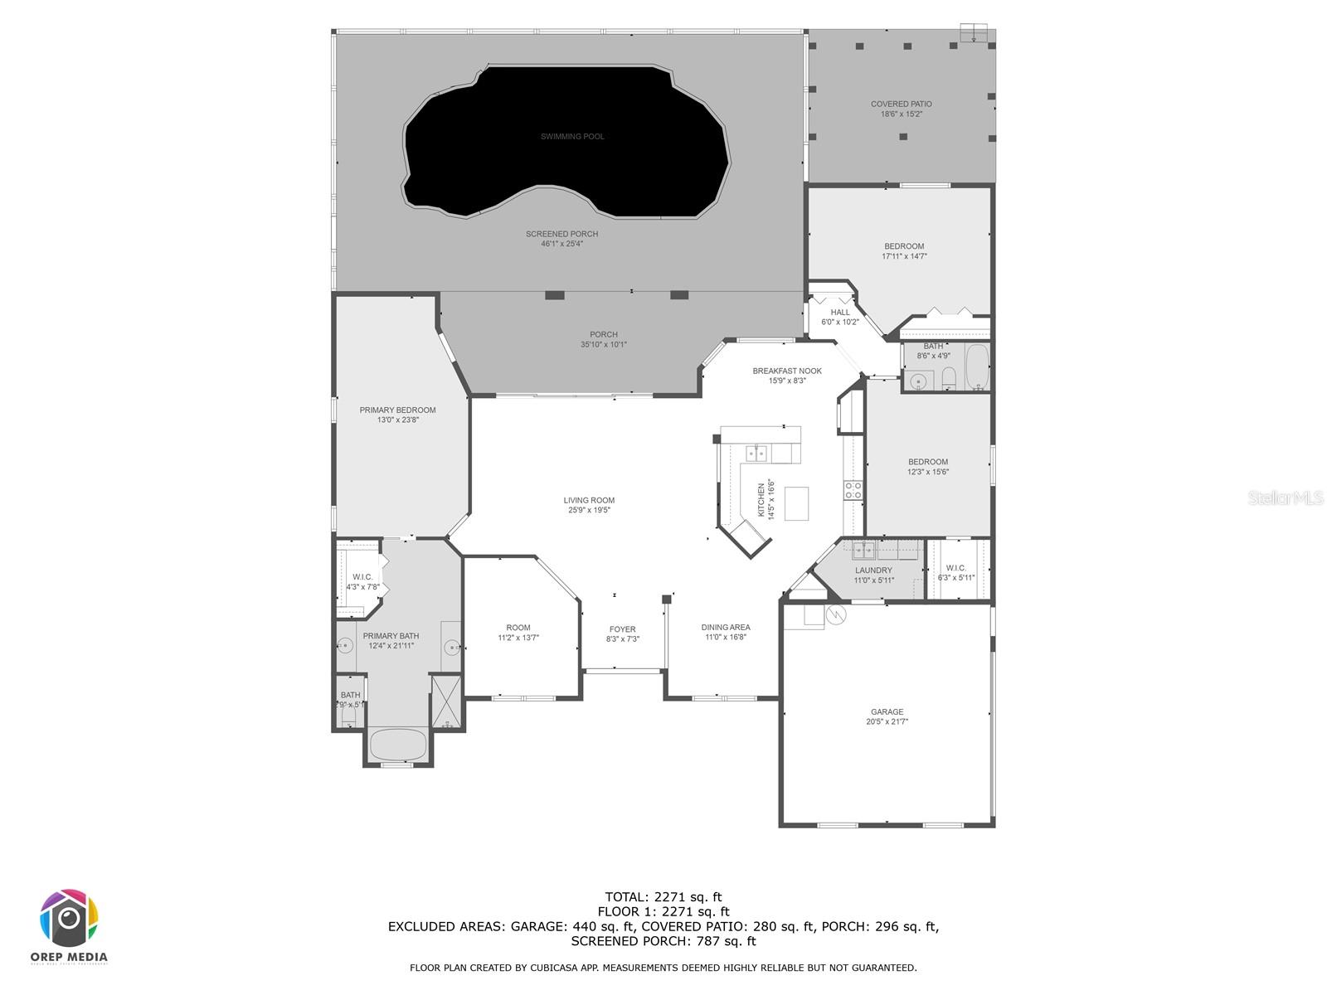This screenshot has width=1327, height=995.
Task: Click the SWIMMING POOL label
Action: [x=572, y=137]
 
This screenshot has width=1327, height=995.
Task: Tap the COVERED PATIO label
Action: [x=901, y=104]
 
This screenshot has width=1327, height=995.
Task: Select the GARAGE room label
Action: [x=887, y=712]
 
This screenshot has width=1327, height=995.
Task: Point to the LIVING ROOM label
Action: [x=589, y=501]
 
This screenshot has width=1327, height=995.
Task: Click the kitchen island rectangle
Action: [x=796, y=503]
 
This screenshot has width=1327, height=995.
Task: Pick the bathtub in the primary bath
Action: [x=397, y=745]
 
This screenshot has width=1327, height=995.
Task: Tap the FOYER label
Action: [x=622, y=629]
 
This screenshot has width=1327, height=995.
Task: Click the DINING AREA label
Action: [x=726, y=628]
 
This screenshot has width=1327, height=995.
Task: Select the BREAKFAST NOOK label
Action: [x=787, y=371]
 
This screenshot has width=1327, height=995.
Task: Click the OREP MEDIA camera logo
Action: [x=70, y=919]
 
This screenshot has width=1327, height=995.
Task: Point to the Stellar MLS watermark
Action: [x=1286, y=498]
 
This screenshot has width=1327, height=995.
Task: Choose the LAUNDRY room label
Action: [x=873, y=570]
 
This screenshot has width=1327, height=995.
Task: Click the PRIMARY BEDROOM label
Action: [x=397, y=410]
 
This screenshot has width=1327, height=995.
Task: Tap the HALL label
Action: [x=840, y=313]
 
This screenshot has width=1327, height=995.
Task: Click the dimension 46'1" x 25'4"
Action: [x=561, y=244]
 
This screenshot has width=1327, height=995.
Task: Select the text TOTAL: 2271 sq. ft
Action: [x=663, y=896]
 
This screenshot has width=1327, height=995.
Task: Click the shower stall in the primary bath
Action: [x=445, y=700]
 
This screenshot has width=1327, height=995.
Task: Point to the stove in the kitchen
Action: [x=853, y=490]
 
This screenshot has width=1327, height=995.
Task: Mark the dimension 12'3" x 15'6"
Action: [x=927, y=472]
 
